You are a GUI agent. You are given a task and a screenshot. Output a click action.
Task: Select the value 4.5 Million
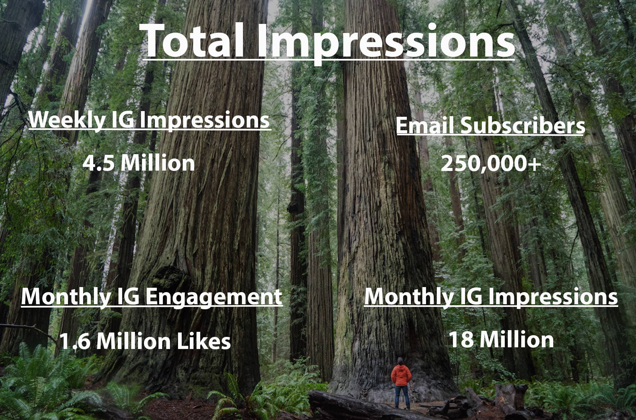(139, 163)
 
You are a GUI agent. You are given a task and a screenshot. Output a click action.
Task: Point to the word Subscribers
(522, 126)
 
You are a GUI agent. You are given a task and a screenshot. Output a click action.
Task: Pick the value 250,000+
(491, 164)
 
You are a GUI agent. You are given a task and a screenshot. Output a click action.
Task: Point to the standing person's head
(400, 361)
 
